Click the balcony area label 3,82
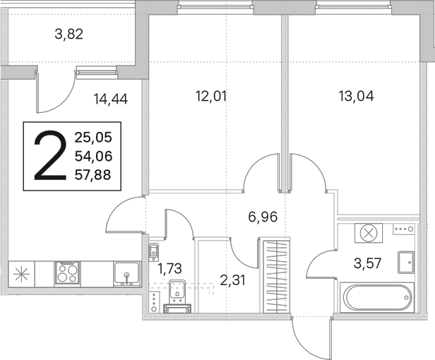(x=69, y=35)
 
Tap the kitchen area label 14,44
(x=111, y=99)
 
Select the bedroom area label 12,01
(x=211, y=96)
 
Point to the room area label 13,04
(x=356, y=96)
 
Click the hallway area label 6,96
(x=263, y=217)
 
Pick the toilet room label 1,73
(x=169, y=268)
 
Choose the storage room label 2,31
(x=233, y=280)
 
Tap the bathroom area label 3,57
(x=368, y=263)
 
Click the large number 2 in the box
(x=50, y=156)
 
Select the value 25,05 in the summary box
(x=93, y=137)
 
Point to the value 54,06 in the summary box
(x=93, y=156)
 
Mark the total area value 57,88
(x=93, y=175)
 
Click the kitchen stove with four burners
(x=67, y=273)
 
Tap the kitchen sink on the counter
(x=127, y=274)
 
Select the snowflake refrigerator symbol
(x=22, y=274)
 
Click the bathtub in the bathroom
(x=377, y=298)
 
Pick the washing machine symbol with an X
(x=369, y=233)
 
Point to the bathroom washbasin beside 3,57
(x=406, y=262)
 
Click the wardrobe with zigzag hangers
(x=277, y=277)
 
